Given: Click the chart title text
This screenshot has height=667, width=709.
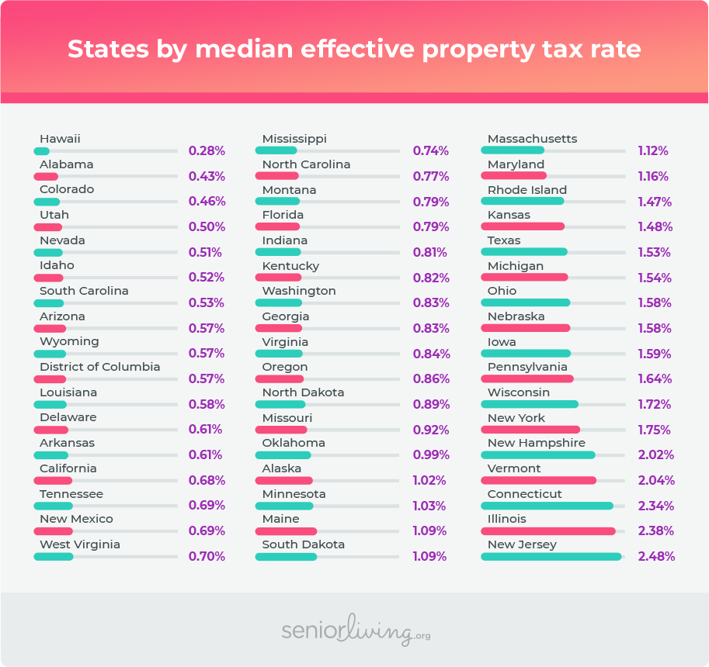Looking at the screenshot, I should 354,50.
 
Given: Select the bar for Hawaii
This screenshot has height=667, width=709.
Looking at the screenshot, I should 42,150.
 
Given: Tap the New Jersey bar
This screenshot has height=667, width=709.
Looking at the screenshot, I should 551,556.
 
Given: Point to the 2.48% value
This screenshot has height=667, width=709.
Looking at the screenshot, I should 656,556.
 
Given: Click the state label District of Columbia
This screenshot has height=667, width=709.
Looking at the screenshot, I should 99,367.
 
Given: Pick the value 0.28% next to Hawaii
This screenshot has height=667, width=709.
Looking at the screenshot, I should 207,150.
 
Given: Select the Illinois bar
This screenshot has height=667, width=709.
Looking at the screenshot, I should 548,531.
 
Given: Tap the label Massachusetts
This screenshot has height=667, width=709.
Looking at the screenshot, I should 532,139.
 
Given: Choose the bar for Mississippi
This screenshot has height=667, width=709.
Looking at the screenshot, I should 276,150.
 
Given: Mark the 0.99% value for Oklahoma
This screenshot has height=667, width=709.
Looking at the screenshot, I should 431,455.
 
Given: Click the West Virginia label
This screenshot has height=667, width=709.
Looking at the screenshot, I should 80,544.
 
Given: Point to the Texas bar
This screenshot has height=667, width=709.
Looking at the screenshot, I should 524,252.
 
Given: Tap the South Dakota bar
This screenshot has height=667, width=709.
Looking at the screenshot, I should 286,556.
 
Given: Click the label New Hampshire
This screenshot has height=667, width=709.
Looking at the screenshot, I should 536,443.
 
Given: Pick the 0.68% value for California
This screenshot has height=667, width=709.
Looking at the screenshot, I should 207,480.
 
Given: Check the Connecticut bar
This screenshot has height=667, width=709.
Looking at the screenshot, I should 547,506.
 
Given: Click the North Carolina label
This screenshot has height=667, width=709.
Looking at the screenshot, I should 306,164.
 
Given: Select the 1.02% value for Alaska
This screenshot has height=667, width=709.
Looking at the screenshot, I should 429,480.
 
